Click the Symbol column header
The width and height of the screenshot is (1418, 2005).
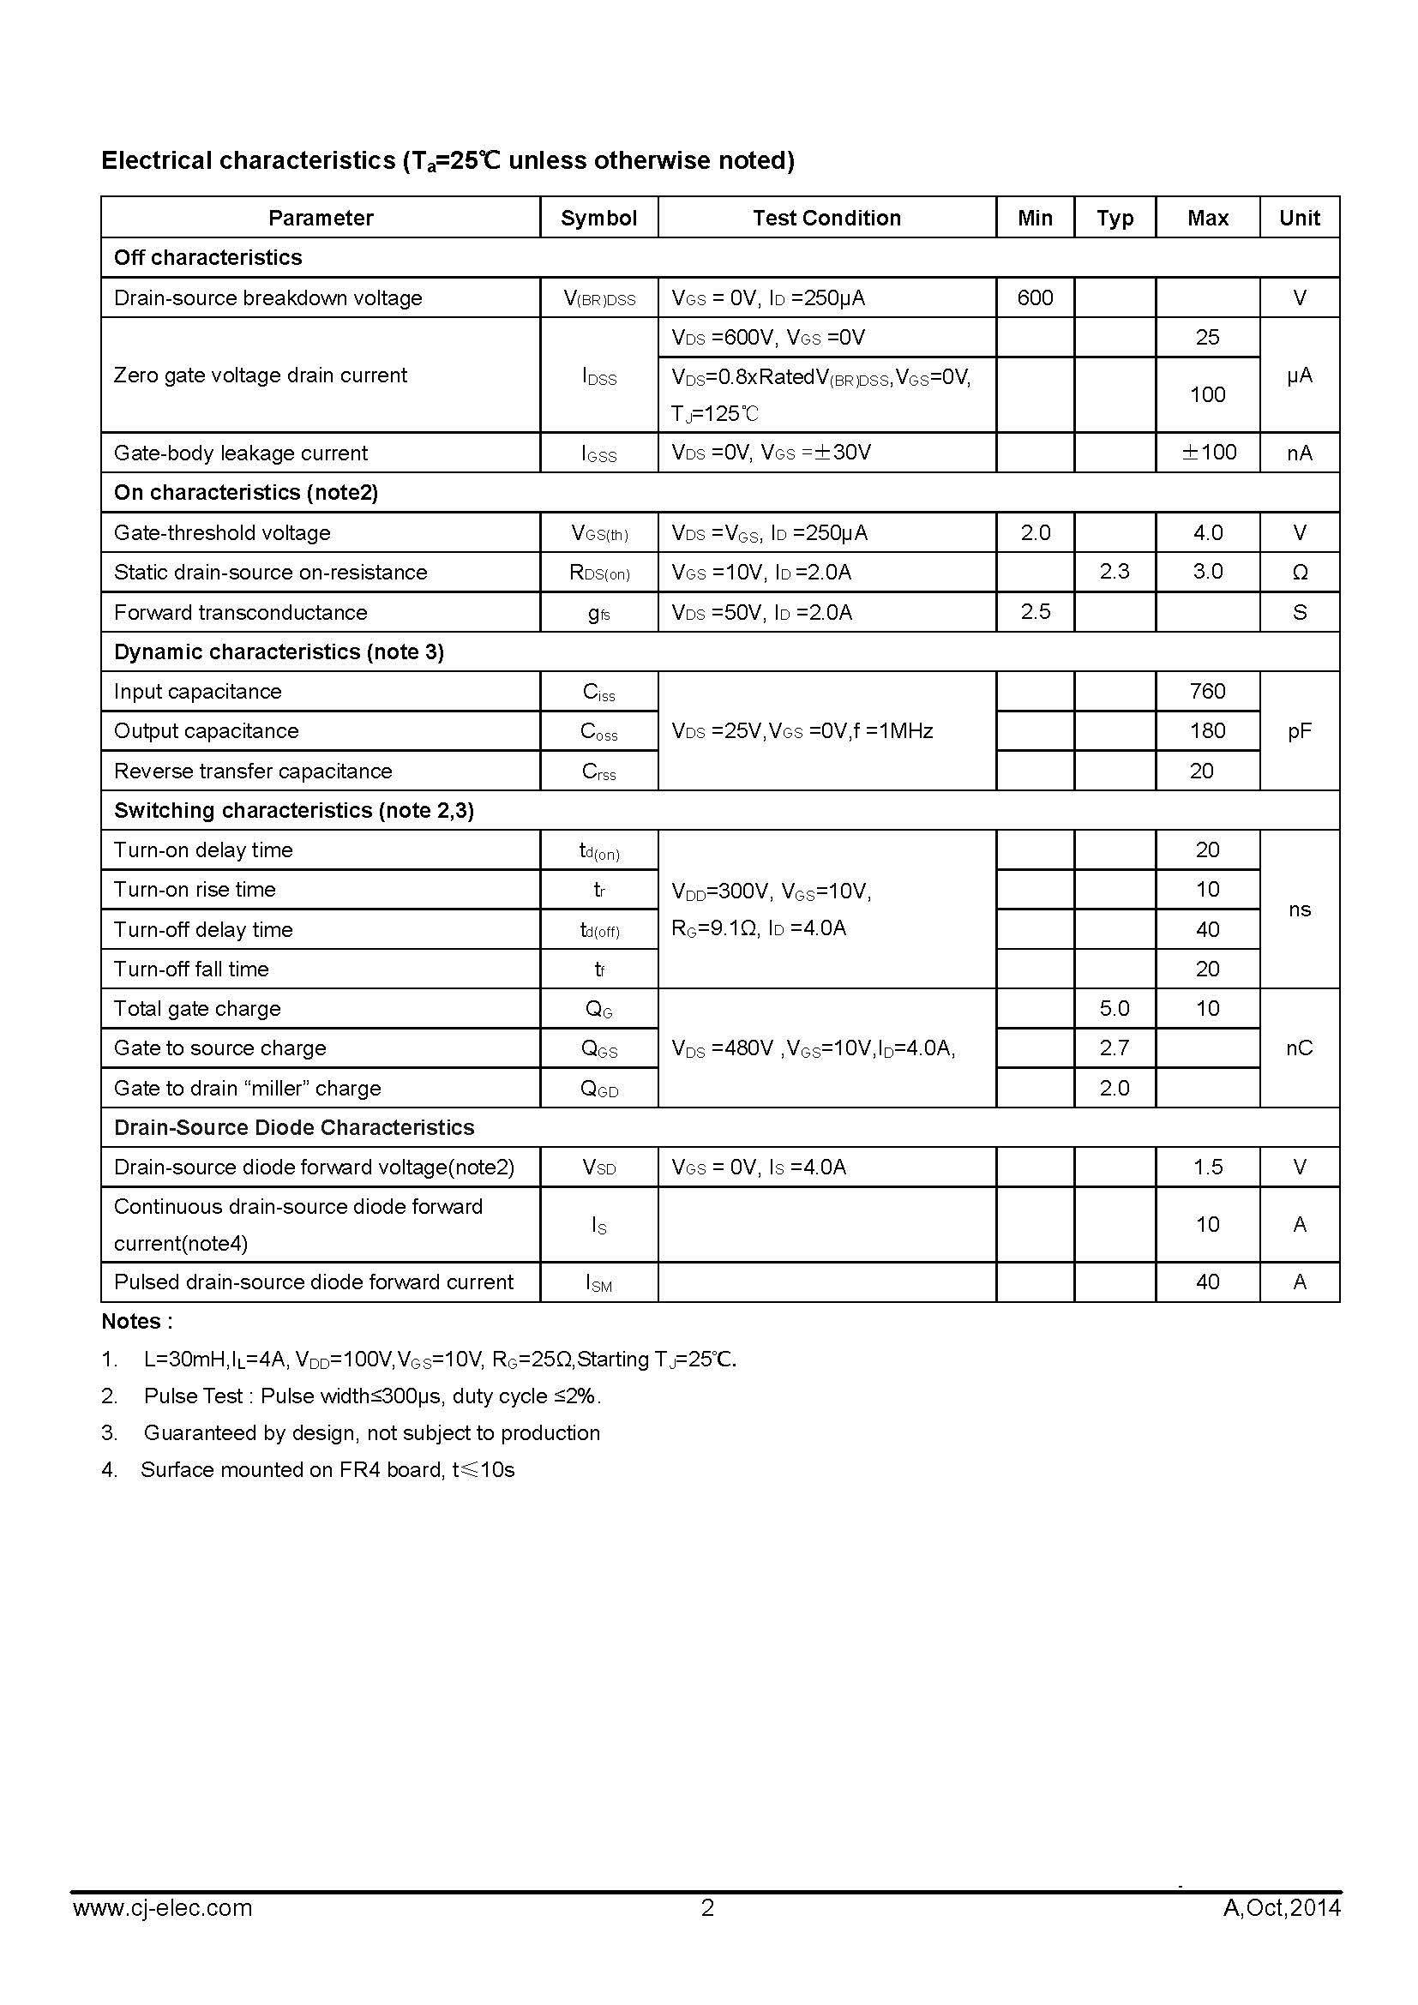point(598,218)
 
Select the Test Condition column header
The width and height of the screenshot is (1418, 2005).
point(826,218)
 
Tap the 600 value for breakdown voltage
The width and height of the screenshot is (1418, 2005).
point(1035,297)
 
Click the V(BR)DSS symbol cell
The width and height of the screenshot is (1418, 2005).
point(599,299)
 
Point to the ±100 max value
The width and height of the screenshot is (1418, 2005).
point(1209,453)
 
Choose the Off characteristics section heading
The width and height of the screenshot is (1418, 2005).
point(207,258)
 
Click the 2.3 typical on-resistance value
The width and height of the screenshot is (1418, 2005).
point(1115,572)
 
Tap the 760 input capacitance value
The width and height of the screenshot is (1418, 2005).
point(1208,692)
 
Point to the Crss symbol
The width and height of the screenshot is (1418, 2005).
point(599,772)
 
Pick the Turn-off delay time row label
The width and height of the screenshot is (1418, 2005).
point(203,929)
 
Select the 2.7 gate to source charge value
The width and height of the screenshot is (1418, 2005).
point(1115,1048)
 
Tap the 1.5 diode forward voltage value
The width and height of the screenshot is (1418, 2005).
point(1208,1168)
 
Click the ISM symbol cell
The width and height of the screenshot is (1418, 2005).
point(599,1283)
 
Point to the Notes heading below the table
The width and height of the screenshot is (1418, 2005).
point(137,1321)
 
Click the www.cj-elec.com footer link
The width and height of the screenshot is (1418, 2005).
point(162,1908)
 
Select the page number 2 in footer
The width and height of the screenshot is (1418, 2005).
point(707,1908)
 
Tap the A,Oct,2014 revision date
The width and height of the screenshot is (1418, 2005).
point(1282,1908)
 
